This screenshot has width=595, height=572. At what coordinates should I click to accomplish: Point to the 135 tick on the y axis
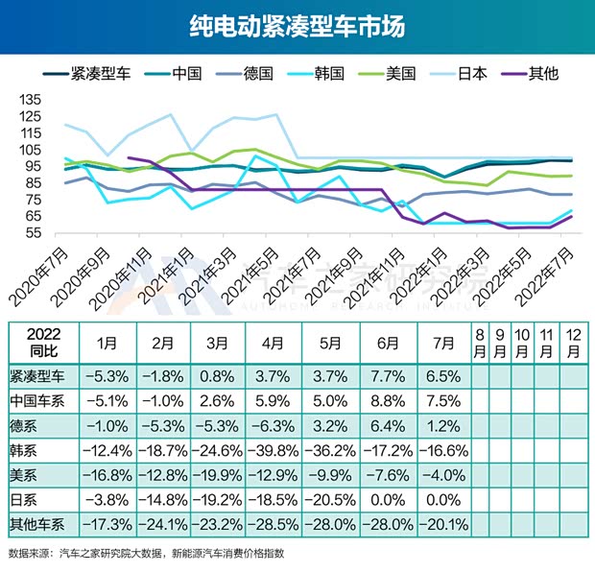[x=31, y=100]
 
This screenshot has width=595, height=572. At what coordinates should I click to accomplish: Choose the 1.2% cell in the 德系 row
[x=438, y=423]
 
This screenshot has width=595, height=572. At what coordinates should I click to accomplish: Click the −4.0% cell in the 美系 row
[x=438, y=473]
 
